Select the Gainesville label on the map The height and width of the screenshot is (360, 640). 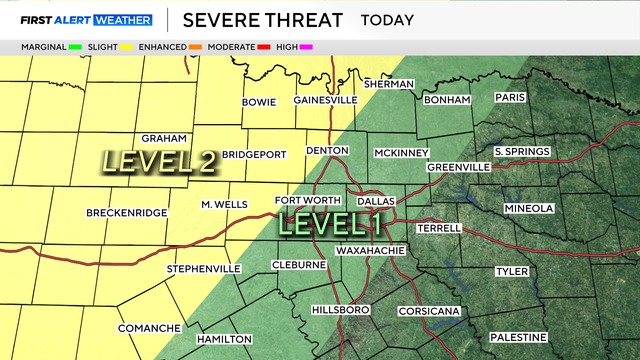click(x=325, y=101)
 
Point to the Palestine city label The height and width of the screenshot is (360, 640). click(x=518, y=337)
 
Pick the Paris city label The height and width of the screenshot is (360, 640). click(x=510, y=97)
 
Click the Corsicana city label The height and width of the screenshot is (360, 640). click(x=429, y=312)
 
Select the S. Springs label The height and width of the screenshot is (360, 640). click(x=522, y=152)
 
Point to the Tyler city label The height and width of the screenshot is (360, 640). click(x=512, y=271)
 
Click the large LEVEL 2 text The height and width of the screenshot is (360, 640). click(x=160, y=160)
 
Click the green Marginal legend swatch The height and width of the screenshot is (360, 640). click(x=74, y=46)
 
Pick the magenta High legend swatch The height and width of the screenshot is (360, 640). click(x=307, y=46)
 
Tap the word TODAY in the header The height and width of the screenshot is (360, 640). click(x=391, y=20)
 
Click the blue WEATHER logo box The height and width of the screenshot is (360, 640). click(x=123, y=20)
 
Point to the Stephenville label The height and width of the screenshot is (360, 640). click(x=203, y=269)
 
